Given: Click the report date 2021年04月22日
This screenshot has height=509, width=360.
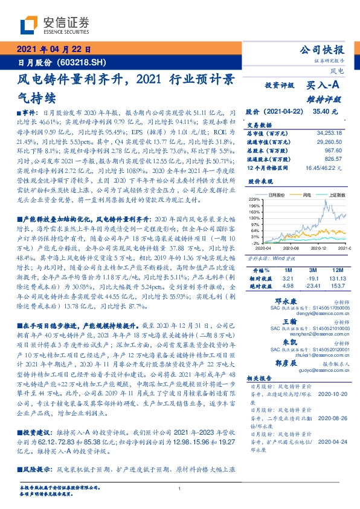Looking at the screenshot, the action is tap(53, 50).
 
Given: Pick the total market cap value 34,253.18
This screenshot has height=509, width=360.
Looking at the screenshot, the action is tap(330, 132).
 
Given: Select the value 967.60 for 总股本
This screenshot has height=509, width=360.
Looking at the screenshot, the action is tap(335, 148).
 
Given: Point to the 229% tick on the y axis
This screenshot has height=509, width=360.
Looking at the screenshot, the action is tap(254, 199).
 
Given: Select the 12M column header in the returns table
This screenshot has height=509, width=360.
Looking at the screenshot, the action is tap(337, 268).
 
